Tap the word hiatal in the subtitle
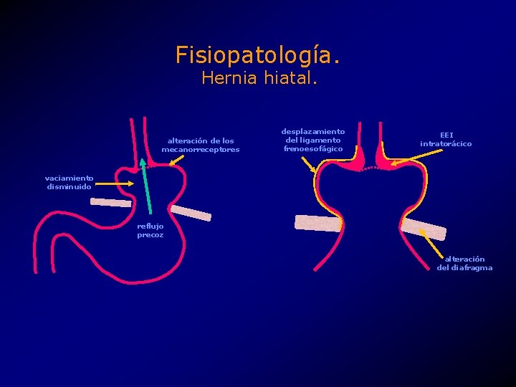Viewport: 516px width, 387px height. point(291,78)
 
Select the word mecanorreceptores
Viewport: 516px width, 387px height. point(201,150)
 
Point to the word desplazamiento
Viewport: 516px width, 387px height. point(312,132)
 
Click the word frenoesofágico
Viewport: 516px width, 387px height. point(313,149)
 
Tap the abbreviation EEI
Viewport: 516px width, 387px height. point(446,135)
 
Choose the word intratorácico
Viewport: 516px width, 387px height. point(446,144)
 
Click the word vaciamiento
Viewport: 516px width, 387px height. point(69,178)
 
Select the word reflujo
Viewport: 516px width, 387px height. point(150,226)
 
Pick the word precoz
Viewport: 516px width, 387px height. point(150,235)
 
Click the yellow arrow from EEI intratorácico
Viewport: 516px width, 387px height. point(406,151)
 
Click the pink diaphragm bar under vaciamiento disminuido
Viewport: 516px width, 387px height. point(111,203)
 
